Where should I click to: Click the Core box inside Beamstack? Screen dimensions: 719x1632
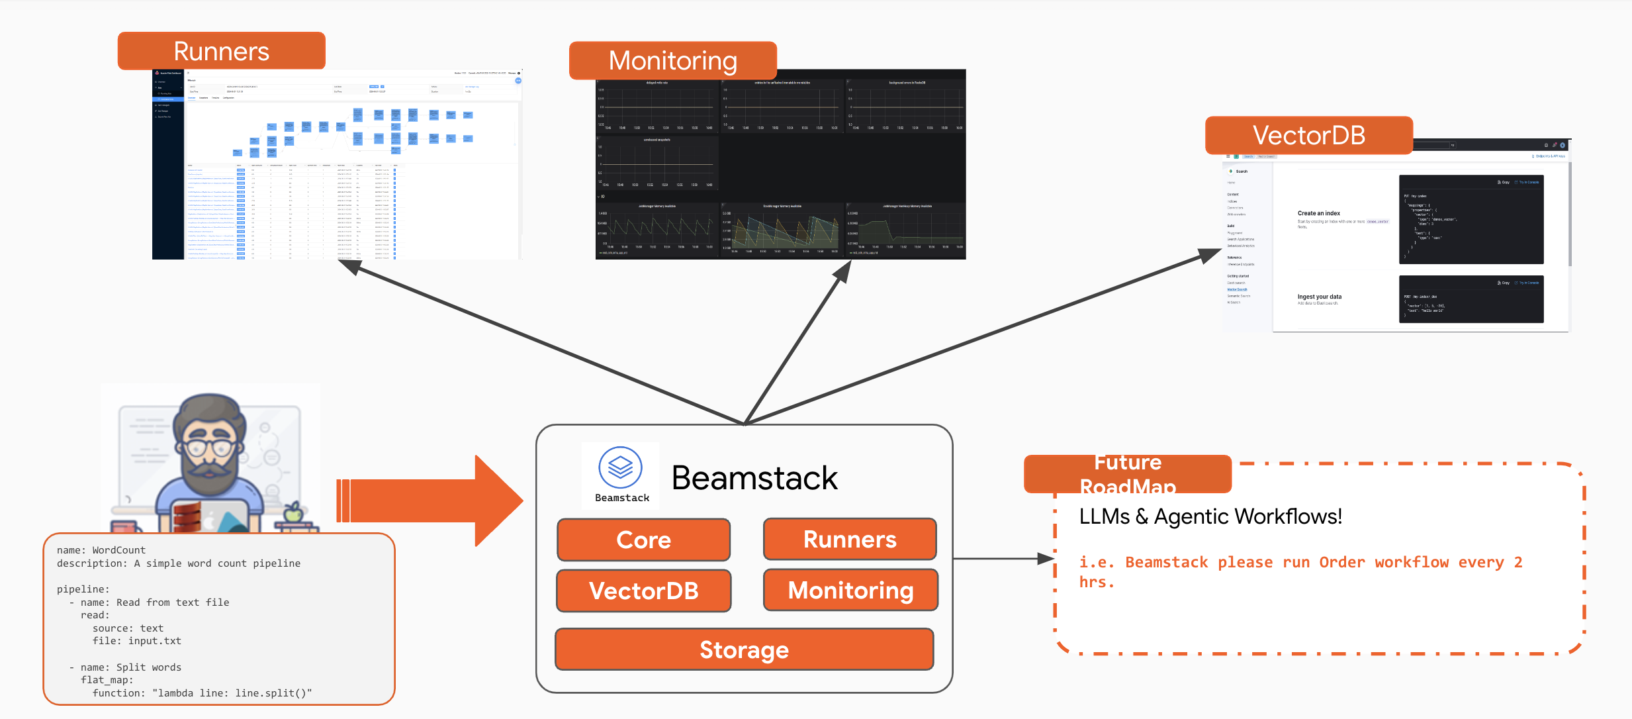coord(643,540)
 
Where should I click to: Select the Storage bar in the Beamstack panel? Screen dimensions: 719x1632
coord(744,649)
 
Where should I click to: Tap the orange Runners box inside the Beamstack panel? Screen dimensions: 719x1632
coord(850,539)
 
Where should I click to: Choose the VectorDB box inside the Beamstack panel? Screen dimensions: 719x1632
coord(643,591)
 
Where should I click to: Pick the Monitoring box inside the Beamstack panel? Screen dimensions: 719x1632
coord(850,590)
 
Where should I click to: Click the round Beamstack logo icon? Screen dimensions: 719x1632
coord(620,467)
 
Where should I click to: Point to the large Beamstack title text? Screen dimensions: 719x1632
coord(754,478)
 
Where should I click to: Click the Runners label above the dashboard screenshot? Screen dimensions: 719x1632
coord(221,51)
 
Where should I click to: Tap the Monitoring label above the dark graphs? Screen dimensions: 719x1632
coord(672,60)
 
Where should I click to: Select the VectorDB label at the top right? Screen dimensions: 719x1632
coord(1308,135)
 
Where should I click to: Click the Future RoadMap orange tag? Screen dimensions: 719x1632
coord(1127,474)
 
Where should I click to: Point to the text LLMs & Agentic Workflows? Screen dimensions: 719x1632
coord(1210,516)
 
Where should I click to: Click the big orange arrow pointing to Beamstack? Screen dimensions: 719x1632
coord(430,501)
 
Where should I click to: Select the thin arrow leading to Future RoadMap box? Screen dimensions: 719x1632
coord(1003,559)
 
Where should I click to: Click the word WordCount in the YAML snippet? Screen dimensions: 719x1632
coord(118,550)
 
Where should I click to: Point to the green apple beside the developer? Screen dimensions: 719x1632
coord(293,512)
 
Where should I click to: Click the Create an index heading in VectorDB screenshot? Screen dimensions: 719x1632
coord(1318,213)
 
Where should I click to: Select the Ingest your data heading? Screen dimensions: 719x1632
coord(1319,297)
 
